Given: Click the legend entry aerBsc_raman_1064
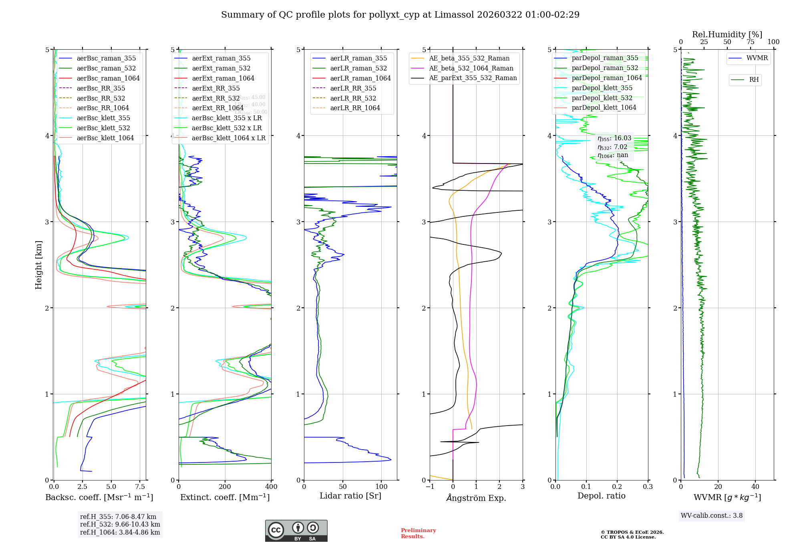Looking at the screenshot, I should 108,78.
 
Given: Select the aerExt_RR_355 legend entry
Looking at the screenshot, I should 215,88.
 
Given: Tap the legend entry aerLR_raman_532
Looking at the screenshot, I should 358,68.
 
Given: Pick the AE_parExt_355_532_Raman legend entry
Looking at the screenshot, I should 473,78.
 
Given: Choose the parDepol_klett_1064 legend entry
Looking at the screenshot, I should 604,107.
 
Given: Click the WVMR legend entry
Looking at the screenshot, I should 757,58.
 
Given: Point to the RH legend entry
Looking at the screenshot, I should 754,80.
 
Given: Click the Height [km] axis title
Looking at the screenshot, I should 38,265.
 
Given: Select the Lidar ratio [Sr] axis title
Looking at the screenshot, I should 350,496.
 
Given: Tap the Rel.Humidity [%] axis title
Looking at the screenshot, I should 727,34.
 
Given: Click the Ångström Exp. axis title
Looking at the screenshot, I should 476,498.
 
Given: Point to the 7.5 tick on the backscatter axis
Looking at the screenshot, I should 140,487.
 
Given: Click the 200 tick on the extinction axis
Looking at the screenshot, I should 225,487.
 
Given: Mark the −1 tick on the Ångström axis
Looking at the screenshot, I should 430,487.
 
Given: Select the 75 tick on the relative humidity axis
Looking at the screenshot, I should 750,42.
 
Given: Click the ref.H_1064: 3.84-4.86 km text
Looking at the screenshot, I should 120,532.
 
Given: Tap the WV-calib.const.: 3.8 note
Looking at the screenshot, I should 712,516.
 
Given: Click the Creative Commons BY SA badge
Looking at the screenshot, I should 296,531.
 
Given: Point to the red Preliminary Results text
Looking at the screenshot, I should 418,533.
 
